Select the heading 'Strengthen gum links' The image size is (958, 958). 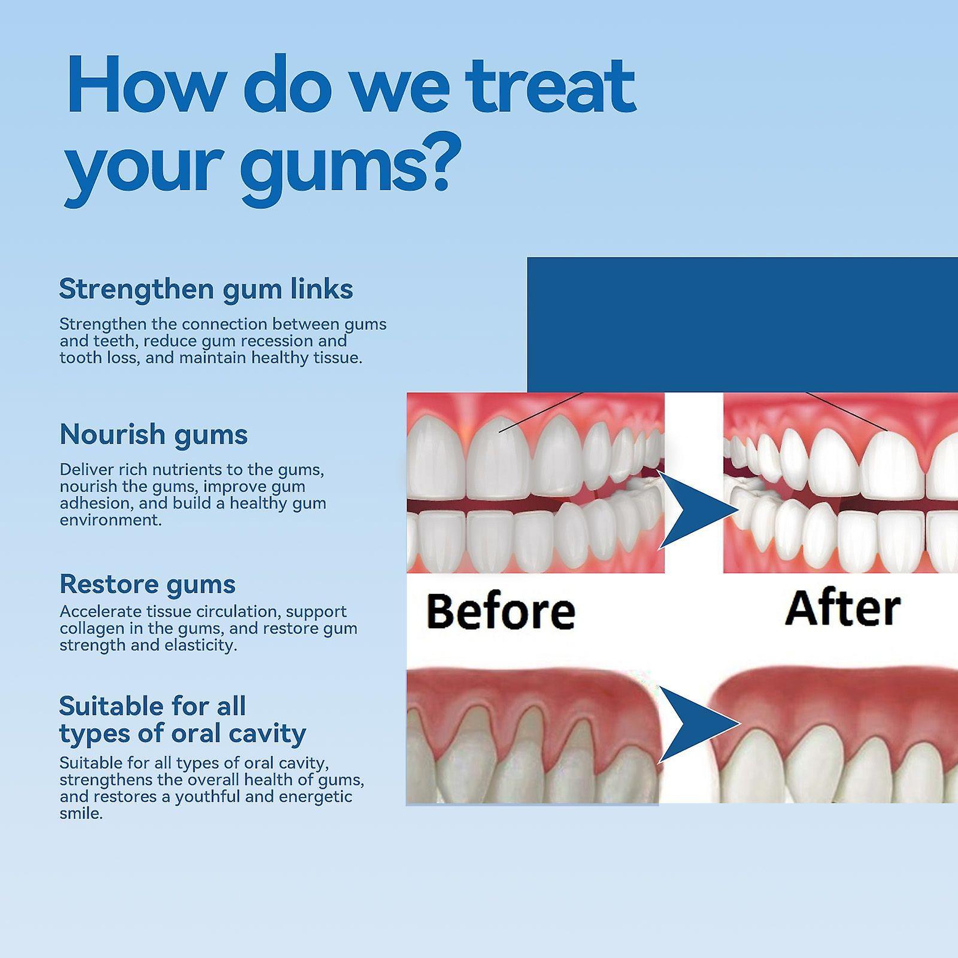point(206,289)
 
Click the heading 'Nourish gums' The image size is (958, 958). point(153,435)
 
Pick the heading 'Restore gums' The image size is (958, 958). point(147,584)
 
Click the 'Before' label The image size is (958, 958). point(501,611)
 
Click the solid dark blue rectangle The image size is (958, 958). point(742,325)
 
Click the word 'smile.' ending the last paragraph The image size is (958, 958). point(81,814)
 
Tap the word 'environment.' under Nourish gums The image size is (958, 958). point(111,520)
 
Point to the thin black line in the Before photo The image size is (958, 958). point(541,412)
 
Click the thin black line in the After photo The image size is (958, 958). point(847,412)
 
